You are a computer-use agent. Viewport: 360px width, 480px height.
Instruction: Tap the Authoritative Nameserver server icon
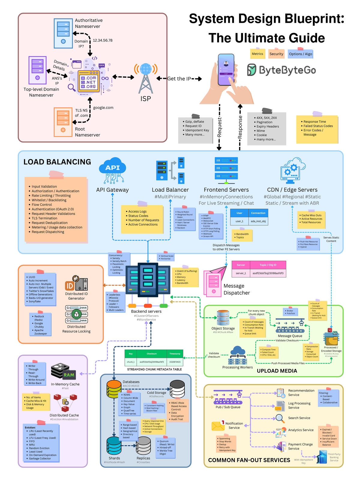click(x=63, y=33)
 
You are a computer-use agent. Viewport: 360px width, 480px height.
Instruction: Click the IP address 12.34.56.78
click(x=103, y=40)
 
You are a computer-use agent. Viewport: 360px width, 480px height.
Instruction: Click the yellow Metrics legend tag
click(x=257, y=54)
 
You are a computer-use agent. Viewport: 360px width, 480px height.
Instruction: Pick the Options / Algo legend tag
click(x=300, y=54)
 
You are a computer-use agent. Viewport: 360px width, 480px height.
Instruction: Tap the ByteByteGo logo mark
click(x=252, y=70)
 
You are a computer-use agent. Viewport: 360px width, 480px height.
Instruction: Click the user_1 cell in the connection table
click(x=239, y=221)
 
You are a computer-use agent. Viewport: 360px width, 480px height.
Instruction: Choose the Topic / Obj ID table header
click(x=268, y=265)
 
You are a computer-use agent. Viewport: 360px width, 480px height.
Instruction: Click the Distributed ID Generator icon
click(x=76, y=283)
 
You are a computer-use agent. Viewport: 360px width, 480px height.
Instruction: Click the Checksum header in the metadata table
click(x=151, y=354)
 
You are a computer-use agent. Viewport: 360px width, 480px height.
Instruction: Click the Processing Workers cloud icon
click(x=238, y=355)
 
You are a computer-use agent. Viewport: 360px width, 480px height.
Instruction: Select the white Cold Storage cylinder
click(x=177, y=389)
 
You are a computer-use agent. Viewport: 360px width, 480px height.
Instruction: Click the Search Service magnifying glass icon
click(x=280, y=418)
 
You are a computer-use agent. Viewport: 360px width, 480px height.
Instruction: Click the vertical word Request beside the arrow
click(x=219, y=127)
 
